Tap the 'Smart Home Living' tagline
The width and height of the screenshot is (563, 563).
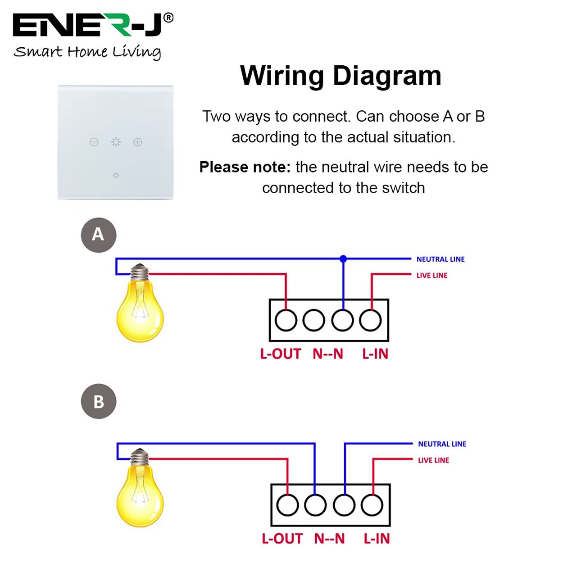tap(87, 52)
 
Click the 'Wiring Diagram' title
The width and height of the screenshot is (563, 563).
tap(341, 76)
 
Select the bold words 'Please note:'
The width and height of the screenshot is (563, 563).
tap(245, 167)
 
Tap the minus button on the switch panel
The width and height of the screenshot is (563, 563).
tap(94, 142)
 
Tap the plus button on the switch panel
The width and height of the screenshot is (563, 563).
tap(138, 142)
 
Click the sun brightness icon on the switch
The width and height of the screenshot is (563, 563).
tap(116, 142)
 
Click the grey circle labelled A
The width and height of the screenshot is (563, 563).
tap(99, 235)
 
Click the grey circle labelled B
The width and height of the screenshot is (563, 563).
tap(99, 401)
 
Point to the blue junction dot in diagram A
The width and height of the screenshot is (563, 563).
tap(343, 259)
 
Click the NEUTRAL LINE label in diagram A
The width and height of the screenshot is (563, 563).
tap(440, 259)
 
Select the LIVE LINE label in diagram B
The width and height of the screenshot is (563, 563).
tap(433, 460)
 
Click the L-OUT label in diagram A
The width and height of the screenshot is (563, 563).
tap(281, 354)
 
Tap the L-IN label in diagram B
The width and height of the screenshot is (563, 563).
tap(377, 539)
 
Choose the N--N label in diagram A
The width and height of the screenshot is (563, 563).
tap(328, 354)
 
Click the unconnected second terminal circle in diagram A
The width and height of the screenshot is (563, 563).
tap(314, 320)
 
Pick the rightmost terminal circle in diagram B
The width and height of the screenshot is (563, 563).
tap(372, 505)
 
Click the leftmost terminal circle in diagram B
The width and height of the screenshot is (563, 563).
tap(287, 505)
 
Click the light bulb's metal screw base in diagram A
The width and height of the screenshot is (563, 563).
tap(139, 273)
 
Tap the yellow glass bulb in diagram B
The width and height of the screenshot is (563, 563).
tap(140, 495)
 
